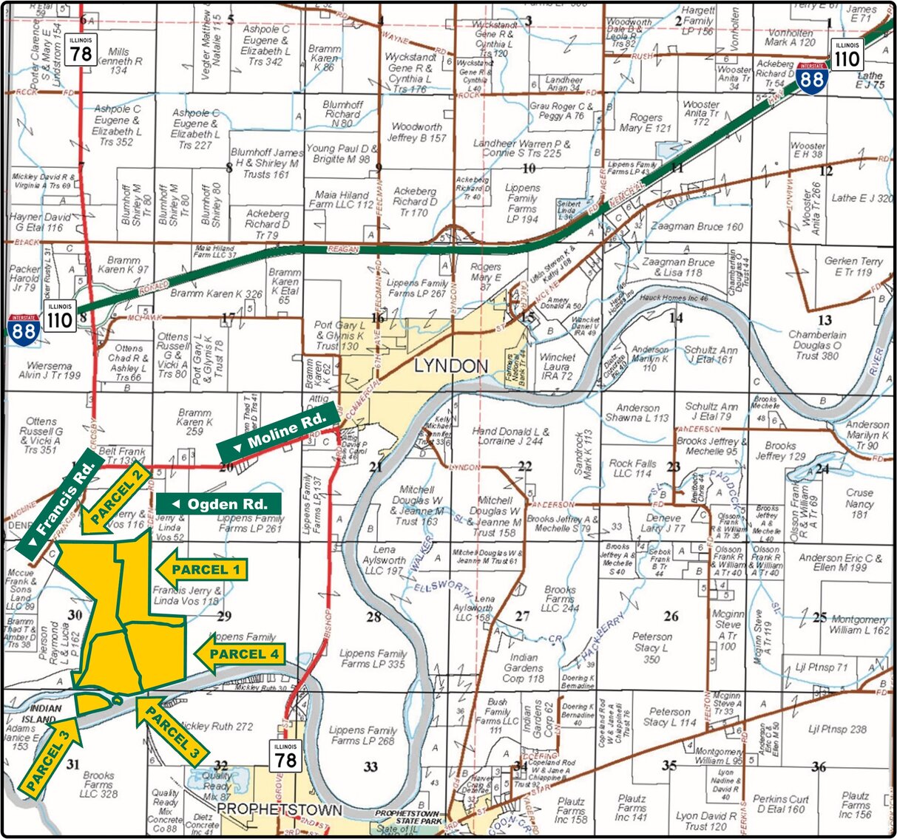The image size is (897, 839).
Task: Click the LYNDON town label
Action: [x=450, y=366]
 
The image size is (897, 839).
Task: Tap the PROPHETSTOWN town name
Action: [x=280, y=810]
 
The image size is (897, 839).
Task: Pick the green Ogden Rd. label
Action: [x=219, y=504]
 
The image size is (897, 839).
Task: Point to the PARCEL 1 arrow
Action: [x=201, y=569]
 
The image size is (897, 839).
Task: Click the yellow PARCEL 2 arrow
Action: [x=117, y=497]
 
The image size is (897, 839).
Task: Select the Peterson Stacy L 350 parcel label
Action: [x=651, y=648]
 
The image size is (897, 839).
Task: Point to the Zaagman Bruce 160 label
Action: [x=697, y=226]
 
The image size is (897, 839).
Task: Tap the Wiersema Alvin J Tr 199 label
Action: [x=50, y=370]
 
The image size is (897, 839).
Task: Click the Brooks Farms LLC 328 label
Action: [x=98, y=784]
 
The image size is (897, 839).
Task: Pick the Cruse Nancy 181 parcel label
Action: [x=859, y=503]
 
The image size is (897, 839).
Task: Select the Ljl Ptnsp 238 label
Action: [x=837, y=729]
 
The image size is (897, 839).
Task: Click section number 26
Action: [x=671, y=616]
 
